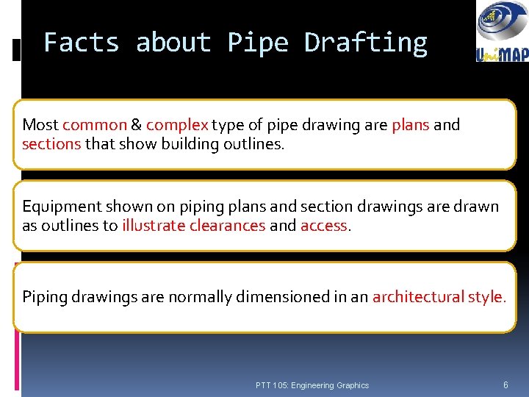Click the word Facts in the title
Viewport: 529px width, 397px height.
pos(81,43)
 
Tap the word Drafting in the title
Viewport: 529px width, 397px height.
pos(365,43)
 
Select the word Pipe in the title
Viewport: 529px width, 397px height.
pos(257,43)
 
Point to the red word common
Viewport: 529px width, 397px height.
pos(94,125)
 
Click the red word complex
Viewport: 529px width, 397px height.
pos(178,125)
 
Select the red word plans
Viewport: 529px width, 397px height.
pos(411,125)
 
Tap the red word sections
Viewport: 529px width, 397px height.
pos(51,144)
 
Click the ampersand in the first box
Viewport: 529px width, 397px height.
pos(137,125)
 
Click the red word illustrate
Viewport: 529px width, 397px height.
pos(154,226)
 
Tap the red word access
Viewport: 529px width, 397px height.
pos(324,226)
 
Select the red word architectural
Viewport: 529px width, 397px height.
pos(417,297)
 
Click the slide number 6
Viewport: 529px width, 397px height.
pos(505,385)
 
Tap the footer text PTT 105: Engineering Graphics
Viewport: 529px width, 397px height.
pos(312,385)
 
